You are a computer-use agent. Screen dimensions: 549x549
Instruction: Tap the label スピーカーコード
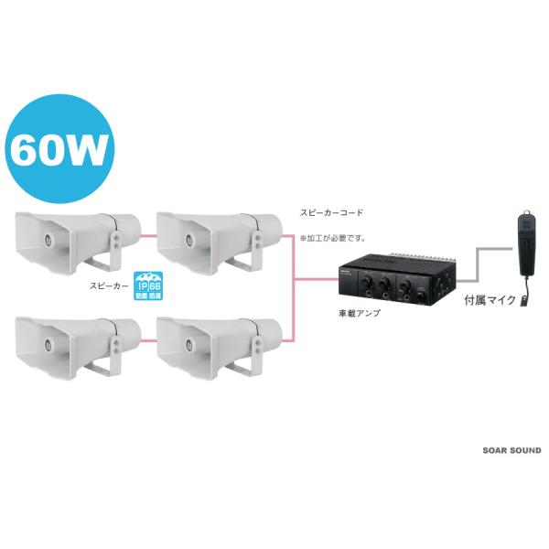(331, 211)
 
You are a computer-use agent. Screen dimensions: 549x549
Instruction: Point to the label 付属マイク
(490, 299)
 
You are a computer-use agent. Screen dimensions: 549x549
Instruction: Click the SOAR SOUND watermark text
(511, 450)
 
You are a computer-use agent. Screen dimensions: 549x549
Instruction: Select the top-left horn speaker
(78, 240)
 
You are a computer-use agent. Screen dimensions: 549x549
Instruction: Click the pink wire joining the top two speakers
(148, 234)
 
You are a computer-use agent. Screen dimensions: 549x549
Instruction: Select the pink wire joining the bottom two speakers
(148, 339)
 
